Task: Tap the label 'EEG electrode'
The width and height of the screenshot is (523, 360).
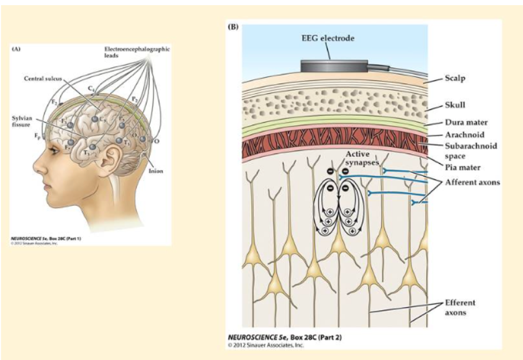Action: [328, 38]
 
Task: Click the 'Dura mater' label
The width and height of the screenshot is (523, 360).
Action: [466, 123]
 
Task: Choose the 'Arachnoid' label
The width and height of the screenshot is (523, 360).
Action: [464, 135]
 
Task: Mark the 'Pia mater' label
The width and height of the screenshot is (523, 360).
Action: [462, 168]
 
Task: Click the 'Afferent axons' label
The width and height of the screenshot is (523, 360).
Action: [472, 182]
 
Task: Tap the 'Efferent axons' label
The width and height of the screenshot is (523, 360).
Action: [460, 307]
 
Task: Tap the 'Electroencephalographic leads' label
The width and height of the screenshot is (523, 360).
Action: [136, 52]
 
